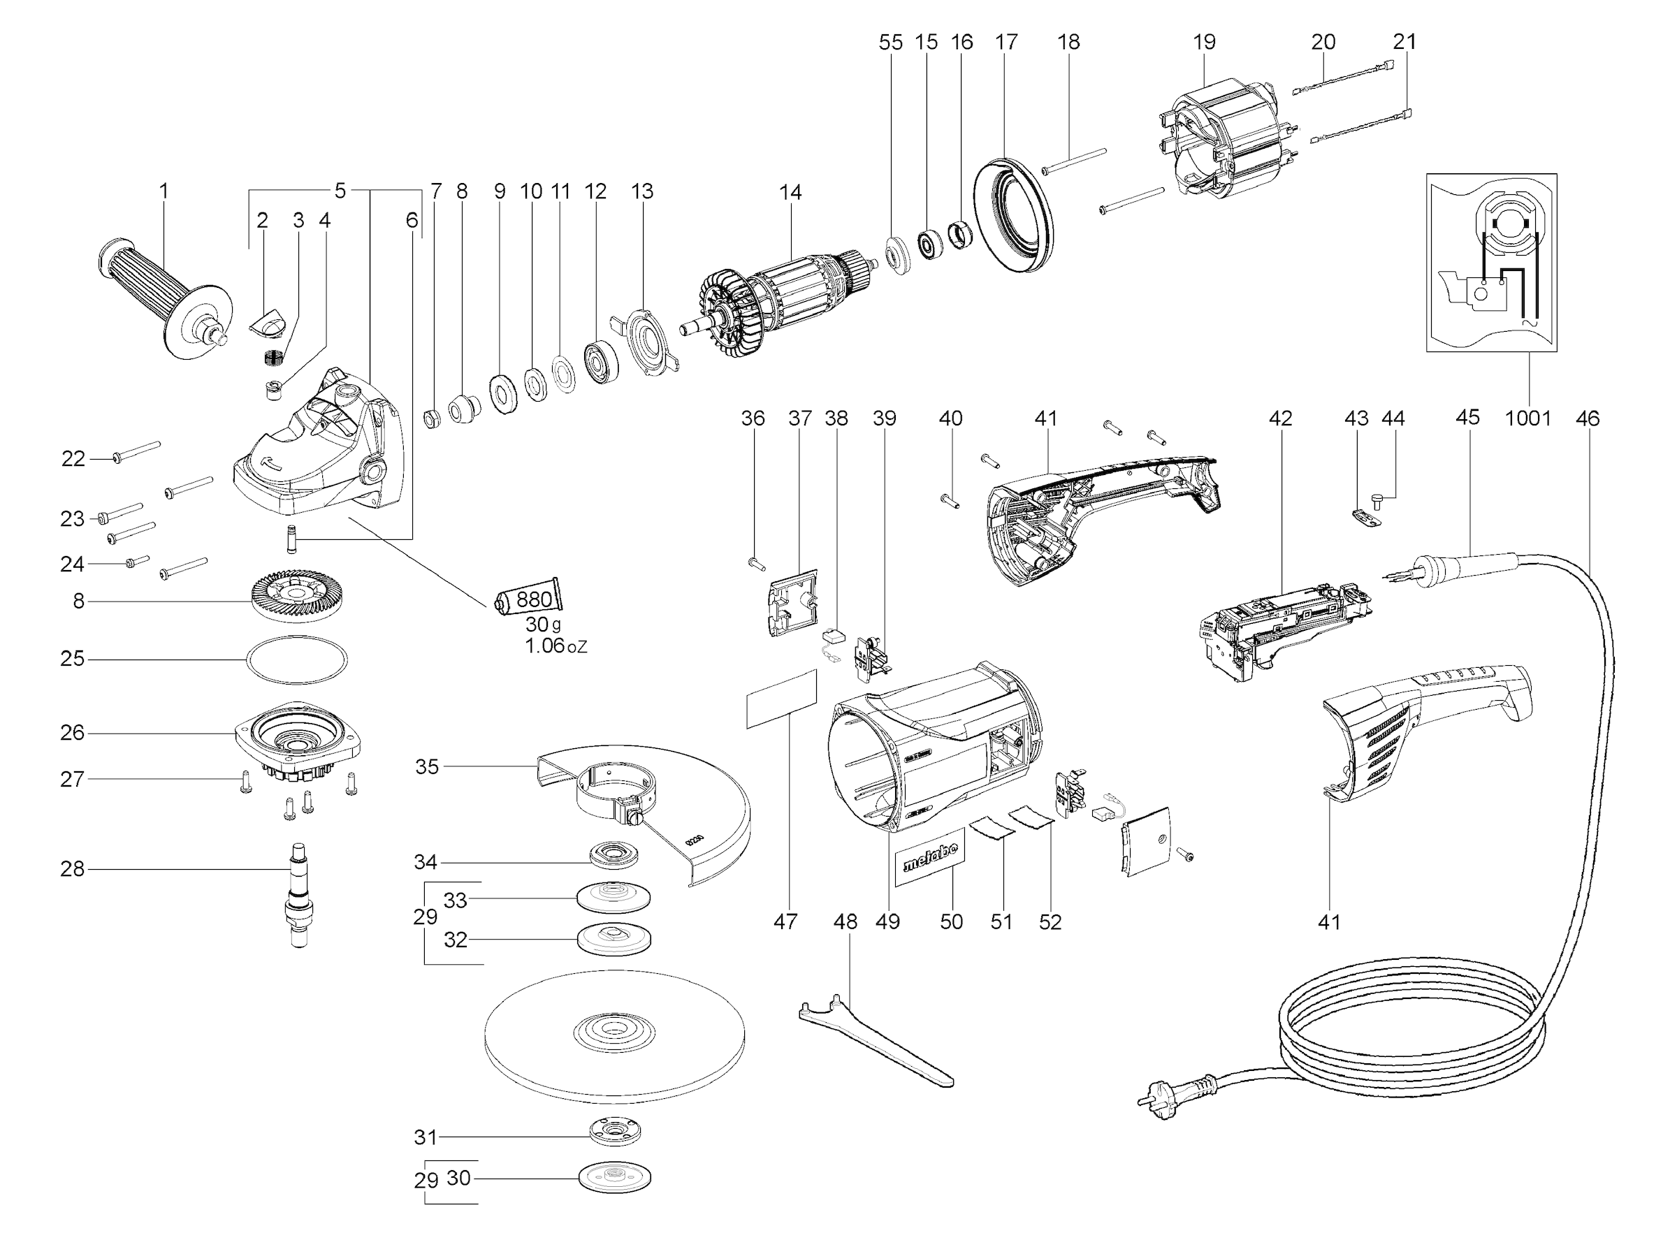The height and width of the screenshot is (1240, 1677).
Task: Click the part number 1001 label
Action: (x=1527, y=418)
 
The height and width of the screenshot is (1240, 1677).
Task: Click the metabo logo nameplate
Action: (x=930, y=857)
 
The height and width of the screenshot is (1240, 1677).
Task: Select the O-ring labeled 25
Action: (x=296, y=659)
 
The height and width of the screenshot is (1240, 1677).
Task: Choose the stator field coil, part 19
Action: (x=1220, y=147)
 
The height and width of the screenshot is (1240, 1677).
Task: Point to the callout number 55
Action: (x=890, y=42)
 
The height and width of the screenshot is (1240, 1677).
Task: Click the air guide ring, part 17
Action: (x=1012, y=214)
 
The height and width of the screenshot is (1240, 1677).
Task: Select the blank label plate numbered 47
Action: (x=781, y=699)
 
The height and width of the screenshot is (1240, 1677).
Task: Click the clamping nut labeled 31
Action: (x=615, y=1131)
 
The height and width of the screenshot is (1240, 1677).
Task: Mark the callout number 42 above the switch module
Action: (x=1280, y=418)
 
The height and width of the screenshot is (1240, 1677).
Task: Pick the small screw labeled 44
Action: (x=1377, y=501)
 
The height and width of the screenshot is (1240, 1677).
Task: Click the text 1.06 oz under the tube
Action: (x=556, y=645)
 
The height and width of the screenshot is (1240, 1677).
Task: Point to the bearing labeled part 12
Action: (x=602, y=363)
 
